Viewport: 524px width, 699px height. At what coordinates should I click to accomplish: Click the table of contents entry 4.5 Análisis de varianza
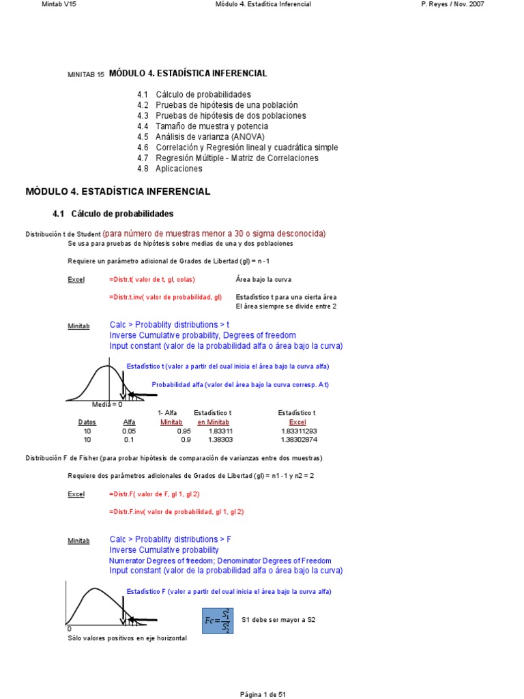[201, 137]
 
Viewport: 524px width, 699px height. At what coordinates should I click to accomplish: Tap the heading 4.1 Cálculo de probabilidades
[113, 214]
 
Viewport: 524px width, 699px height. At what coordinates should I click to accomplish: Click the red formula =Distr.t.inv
[165, 298]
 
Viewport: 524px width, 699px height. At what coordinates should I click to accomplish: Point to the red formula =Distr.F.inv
[176, 511]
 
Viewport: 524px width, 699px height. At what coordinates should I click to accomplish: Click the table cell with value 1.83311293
[299, 431]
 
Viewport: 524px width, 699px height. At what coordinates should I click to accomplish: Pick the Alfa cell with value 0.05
[129, 431]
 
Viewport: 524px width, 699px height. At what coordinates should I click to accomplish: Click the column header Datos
[87, 423]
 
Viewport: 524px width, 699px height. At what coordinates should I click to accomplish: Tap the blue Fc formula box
[218, 620]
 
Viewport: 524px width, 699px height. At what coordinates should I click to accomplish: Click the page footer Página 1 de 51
[263, 694]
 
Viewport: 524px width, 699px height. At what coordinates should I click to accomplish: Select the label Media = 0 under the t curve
[107, 405]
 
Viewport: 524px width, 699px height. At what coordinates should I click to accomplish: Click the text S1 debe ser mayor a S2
[278, 620]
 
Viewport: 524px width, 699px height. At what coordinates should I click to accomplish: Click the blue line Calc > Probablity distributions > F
[171, 539]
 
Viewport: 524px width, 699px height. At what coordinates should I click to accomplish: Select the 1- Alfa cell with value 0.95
[184, 431]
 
